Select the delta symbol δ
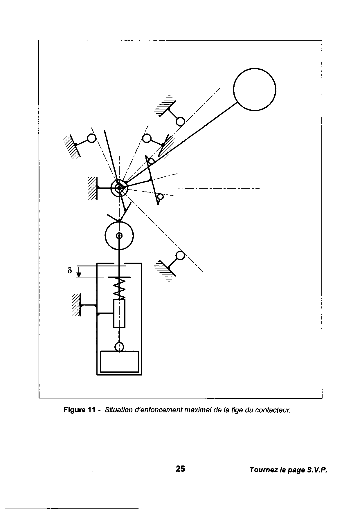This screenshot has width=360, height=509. pos(69,270)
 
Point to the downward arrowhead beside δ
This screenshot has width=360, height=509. pos(79,274)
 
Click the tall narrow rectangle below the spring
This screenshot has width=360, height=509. pos(119,313)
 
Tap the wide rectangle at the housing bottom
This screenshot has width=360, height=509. pos(119,362)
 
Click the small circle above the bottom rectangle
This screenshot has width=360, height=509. pos(119,346)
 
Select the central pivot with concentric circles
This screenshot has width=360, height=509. pos(119,188)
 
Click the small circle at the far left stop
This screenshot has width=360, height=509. pos(91,138)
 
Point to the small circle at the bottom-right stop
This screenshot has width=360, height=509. pos(180,255)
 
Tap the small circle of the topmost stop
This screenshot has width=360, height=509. pos(180,121)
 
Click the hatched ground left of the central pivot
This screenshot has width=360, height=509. pos(93,188)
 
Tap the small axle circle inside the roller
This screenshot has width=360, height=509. pos(119,235)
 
